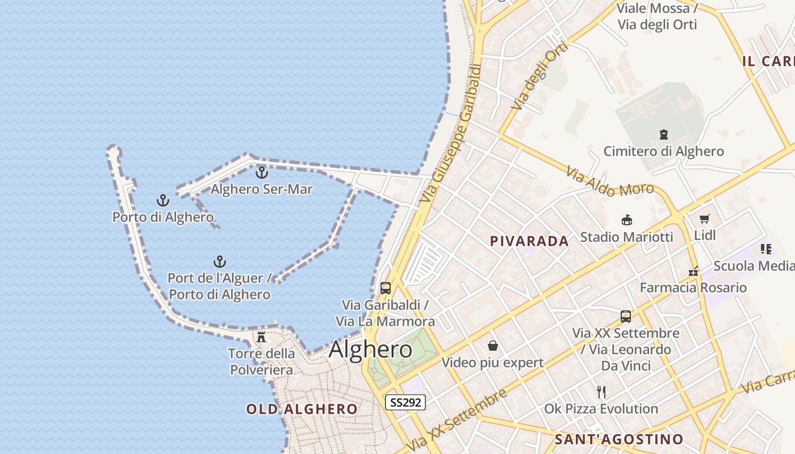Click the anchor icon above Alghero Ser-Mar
click(262, 172)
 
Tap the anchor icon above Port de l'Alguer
click(220, 262)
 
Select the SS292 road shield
click(405, 402)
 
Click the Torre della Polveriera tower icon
click(261, 337)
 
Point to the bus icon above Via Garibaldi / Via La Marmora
click(386, 288)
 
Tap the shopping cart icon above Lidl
click(705, 218)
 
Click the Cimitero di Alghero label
click(663, 151)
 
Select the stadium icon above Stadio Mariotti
click(627, 220)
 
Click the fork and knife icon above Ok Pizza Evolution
click(601, 392)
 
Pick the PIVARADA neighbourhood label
click(529, 241)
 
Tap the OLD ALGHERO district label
click(302, 409)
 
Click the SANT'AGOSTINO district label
click(618, 439)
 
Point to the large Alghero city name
click(370, 349)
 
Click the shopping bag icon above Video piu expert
click(492, 346)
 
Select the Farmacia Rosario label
click(693, 288)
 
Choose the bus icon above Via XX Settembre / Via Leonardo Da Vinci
click(626, 316)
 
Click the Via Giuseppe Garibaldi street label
click(452, 134)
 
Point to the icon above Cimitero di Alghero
click(663, 134)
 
